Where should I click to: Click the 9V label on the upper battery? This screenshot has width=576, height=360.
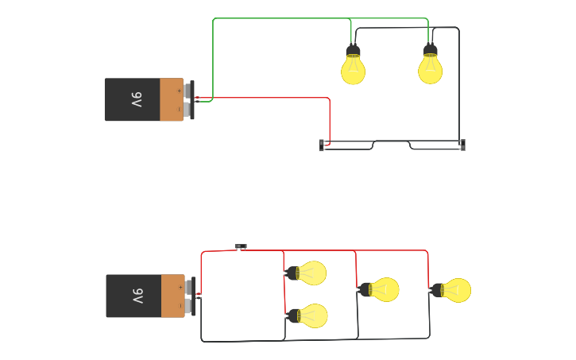[x=136, y=100]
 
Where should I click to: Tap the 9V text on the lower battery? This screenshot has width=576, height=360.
[x=137, y=296]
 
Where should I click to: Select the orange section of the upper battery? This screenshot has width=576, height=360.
[x=171, y=99]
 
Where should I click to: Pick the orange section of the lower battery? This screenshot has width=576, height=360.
[x=172, y=296]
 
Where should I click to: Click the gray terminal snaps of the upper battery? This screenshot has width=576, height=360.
[x=187, y=99]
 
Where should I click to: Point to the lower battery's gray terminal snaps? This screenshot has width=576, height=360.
[x=189, y=296]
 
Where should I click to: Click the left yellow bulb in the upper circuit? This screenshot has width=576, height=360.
[x=353, y=70]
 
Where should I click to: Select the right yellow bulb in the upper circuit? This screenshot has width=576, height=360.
[x=430, y=70]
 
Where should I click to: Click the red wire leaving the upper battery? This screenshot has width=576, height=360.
[x=270, y=98]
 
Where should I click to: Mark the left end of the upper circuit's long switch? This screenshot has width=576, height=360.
[x=322, y=145]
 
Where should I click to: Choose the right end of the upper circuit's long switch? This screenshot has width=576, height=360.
[x=462, y=145]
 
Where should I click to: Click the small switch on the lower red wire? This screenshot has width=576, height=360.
[x=241, y=247]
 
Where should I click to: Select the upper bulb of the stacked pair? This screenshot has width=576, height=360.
[x=311, y=273]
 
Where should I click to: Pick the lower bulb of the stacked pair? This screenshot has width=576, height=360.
[x=312, y=316]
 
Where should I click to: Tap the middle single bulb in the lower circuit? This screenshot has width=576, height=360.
[x=385, y=289]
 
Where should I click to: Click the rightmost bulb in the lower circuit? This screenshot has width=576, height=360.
[x=457, y=290]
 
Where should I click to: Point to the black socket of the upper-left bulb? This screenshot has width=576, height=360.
[x=353, y=52]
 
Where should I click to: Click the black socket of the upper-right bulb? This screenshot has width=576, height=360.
[x=430, y=52]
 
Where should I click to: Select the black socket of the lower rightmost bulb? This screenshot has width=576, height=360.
[x=437, y=290]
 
